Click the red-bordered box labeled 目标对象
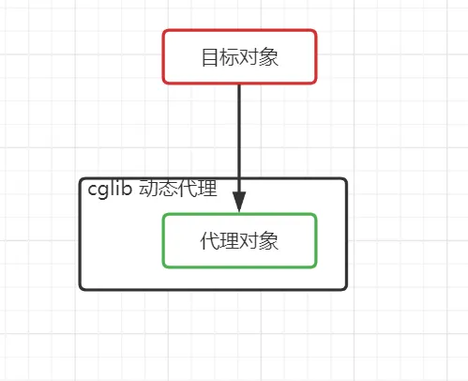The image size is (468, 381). pyautogui.click(x=239, y=56)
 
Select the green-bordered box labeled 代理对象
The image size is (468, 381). pyautogui.click(x=239, y=240)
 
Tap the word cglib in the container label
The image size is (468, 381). pyautogui.click(x=110, y=189)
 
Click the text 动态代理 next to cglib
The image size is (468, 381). pyautogui.click(x=178, y=189)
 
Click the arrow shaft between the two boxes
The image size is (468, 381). pyautogui.click(x=239, y=131)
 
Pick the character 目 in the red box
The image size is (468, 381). pyautogui.click(x=209, y=57)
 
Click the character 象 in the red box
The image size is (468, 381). pyautogui.click(x=269, y=57)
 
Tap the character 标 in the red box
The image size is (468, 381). pyautogui.click(x=229, y=57)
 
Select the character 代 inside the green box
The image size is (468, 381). pyautogui.click(x=209, y=241)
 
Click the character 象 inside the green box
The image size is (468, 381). pyautogui.click(x=269, y=241)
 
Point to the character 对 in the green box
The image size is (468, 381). pyautogui.click(x=249, y=241)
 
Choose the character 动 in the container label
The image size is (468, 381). pyautogui.click(x=148, y=189)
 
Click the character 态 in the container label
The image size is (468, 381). pyautogui.click(x=168, y=189)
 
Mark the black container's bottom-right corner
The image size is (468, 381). pyautogui.click(x=345, y=287)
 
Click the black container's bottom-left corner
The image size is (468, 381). pyautogui.click(x=82, y=287)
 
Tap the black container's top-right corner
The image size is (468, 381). pyautogui.click(x=345, y=180)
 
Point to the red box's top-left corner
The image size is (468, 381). pyautogui.click(x=164, y=31)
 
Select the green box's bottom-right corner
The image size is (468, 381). pyautogui.click(x=315, y=266)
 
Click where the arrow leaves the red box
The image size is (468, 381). pyautogui.click(x=239, y=84)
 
